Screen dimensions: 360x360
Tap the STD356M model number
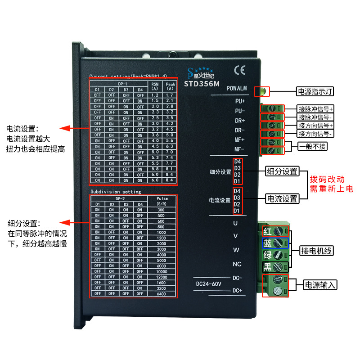[202, 83]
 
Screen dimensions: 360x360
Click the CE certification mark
[239, 70]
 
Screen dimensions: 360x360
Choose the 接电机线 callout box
[316, 251]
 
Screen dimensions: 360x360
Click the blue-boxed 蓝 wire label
[267, 243]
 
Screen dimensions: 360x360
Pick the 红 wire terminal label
[267, 231]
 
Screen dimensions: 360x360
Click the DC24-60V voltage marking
[210, 284]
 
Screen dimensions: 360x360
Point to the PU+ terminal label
[239, 101]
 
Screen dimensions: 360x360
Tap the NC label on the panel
[237, 264]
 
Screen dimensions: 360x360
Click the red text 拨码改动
[331, 179]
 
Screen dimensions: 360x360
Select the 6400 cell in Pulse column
[161, 293]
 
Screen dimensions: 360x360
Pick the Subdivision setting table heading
[116, 191]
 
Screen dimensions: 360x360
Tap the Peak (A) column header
[170, 86]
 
